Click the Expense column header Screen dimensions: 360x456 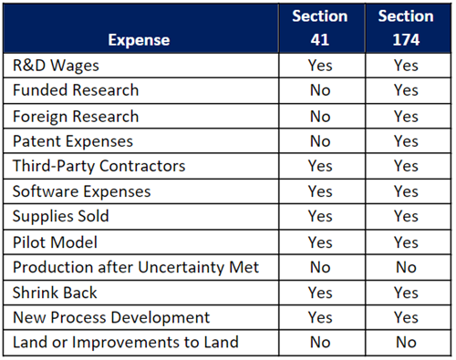click(x=138, y=40)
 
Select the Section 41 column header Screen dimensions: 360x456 click(x=320, y=28)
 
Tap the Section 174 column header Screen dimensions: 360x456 click(x=404, y=28)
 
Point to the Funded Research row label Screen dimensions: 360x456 click(x=76, y=91)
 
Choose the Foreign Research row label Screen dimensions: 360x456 click(x=76, y=117)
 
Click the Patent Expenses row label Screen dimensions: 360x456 click(x=72, y=142)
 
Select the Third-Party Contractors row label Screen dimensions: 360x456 click(x=98, y=167)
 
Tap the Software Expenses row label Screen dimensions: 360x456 click(x=81, y=192)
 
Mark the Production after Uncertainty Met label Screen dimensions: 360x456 click(x=137, y=268)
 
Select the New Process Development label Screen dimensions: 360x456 click(x=110, y=318)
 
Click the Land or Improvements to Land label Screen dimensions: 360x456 click(x=125, y=343)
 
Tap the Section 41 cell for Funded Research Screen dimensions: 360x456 click(x=320, y=91)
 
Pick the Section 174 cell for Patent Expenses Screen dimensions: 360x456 click(x=404, y=142)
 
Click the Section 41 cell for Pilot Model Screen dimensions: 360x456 click(x=320, y=243)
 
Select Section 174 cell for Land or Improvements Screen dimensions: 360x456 click(x=404, y=343)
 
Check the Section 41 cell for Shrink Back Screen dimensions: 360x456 click(x=320, y=293)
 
